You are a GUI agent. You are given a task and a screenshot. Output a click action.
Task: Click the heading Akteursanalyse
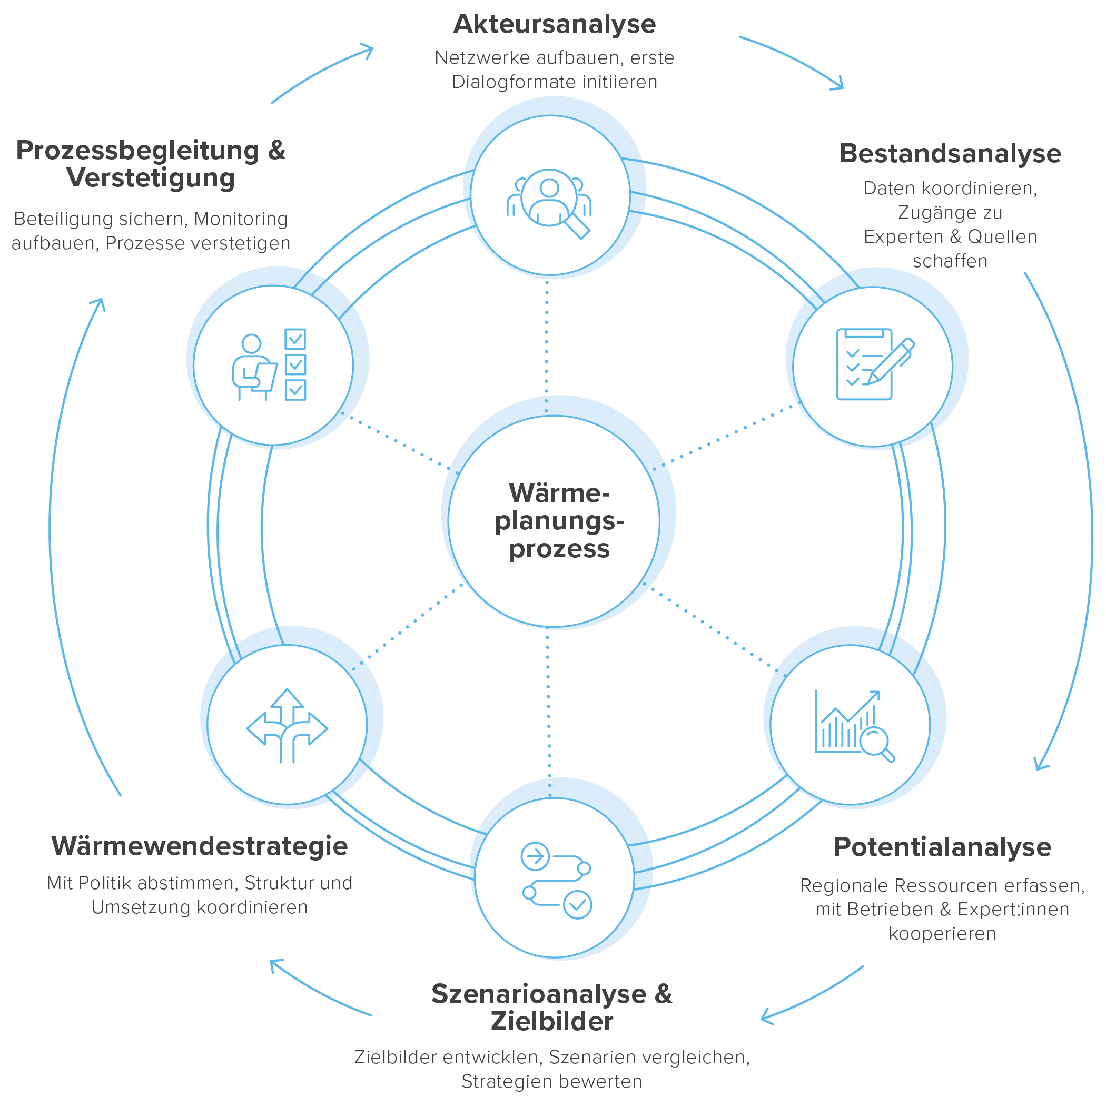pos(554,25)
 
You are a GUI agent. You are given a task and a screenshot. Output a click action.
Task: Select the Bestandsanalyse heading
pos(950,153)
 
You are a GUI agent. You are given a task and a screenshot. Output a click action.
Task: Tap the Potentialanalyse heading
pos(942,847)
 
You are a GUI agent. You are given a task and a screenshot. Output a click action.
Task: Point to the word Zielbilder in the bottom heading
pos(552,1021)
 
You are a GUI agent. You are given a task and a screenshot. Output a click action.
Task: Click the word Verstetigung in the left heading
pos(151,178)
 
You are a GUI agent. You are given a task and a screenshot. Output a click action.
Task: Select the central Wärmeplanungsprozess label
pos(559,521)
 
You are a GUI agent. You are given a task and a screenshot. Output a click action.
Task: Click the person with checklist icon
pos(269,364)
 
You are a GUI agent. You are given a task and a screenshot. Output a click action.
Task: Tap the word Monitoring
pos(241,219)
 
